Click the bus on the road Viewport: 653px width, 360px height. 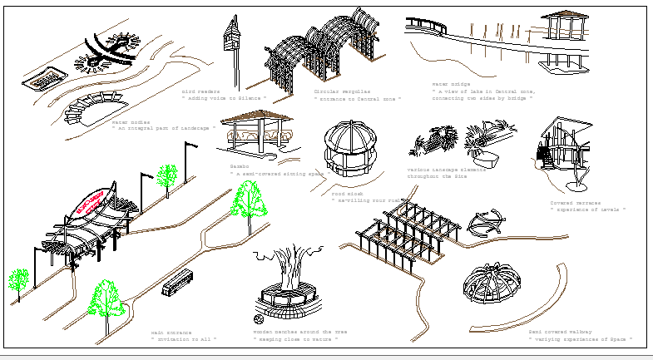(x=178, y=284)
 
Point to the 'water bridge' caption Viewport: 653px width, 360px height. (x=450, y=84)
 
